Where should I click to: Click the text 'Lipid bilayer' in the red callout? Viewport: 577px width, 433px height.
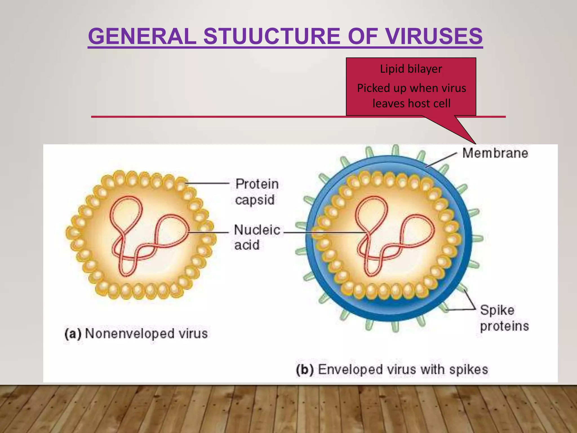coord(411,69)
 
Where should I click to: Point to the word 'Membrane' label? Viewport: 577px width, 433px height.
coord(495,153)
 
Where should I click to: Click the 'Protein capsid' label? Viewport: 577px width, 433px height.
coord(256,192)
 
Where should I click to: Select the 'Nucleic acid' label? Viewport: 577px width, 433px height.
coord(256,237)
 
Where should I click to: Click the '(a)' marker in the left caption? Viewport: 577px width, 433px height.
coord(73,334)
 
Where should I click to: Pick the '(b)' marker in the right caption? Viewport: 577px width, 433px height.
coord(305,370)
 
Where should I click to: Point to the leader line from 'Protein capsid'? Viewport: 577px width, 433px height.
coord(207,183)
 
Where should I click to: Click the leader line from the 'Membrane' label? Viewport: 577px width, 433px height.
coord(441,160)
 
